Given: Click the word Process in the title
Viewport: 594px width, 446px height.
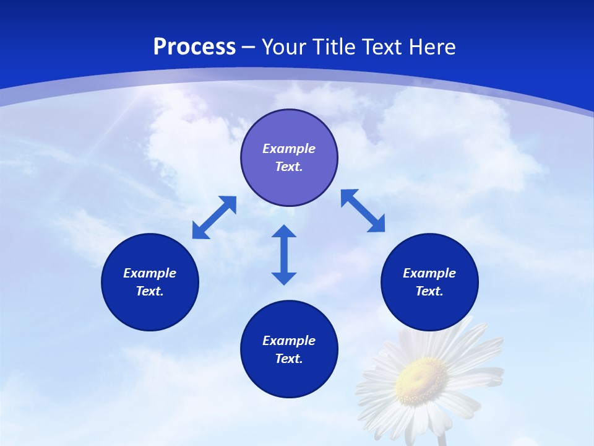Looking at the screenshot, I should click(x=194, y=47).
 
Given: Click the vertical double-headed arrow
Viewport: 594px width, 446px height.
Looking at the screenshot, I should click(x=284, y=255).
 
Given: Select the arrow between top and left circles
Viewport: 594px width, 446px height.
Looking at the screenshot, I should click(x=214, y=217).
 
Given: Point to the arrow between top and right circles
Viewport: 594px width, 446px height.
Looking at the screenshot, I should click(x=363, y=211).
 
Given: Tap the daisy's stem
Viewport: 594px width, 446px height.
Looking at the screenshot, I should click(x=441, y=439).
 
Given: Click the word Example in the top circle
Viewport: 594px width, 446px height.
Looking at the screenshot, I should click(x=289, y=149).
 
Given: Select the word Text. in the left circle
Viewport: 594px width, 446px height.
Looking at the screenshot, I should click(x=150, y=291).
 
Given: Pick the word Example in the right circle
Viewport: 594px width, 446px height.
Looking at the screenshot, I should click(x=429, y=273).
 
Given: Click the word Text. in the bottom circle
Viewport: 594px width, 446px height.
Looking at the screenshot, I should click(x=289, y=359).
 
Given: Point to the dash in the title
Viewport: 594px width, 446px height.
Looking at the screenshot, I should click(x=249, y=47).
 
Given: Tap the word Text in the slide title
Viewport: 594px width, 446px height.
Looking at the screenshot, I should click(x=382, y=47).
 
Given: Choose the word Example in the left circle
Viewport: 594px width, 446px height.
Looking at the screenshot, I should click(x=150, y=273).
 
